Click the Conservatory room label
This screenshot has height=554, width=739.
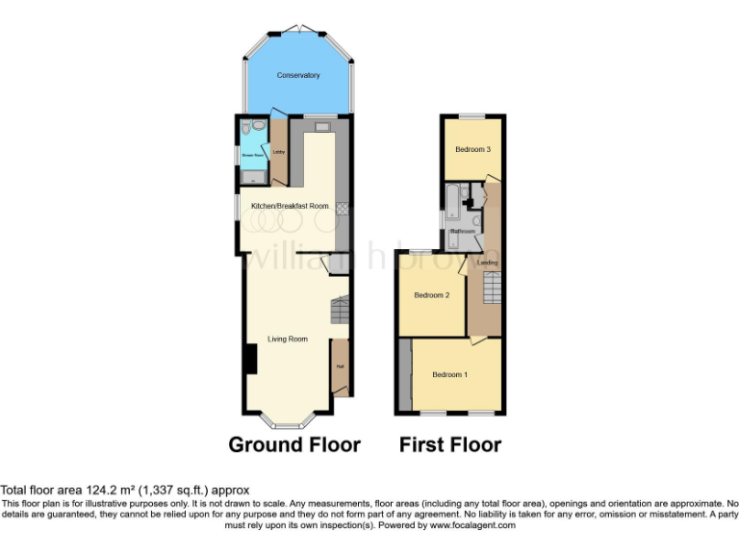(297, 75)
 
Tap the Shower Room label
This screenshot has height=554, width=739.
(252, 153)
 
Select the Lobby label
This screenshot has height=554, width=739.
(279, 151)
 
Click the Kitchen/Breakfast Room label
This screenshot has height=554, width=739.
(290, 206)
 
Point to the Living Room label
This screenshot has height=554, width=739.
(287, 339)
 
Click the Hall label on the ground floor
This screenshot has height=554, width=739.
(340, 366)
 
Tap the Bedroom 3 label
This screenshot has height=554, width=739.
(472, 150)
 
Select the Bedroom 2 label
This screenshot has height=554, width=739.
(432, 295)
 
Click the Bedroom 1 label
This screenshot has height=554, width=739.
(449, 374)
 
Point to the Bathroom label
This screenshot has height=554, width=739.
(465, 232)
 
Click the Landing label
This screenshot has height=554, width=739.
(489, 261)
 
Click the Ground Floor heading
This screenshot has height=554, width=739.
(294, 444)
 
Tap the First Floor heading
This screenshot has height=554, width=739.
(450, 444)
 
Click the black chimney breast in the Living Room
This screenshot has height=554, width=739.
(249, 359)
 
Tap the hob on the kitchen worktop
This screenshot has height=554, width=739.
(342, 206)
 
